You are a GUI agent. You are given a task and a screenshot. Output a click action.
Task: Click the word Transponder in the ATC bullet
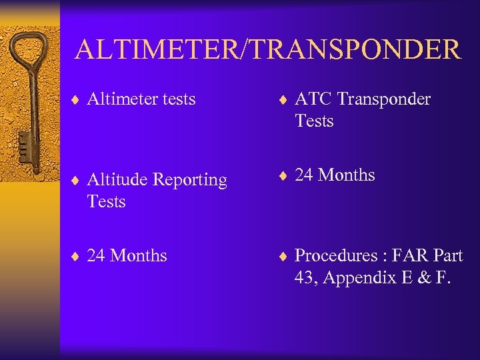click(x=384, y=99)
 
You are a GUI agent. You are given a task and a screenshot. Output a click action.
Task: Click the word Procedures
click(x=336, y=256)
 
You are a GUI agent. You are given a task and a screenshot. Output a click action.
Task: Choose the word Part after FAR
click(x=448, y=256)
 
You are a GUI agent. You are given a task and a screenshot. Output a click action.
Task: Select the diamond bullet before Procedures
click(x=283, y=257)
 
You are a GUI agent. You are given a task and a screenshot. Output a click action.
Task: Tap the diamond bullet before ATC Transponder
click(x=283, y=100)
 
